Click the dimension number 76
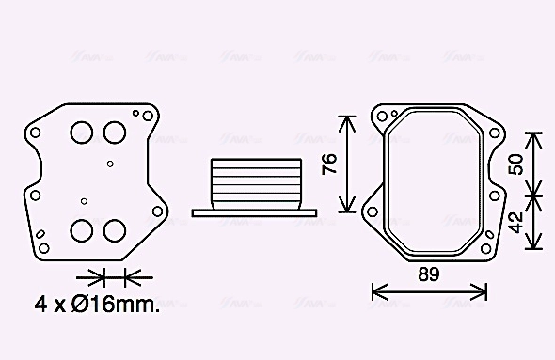coord(328,164)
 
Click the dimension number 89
coord(429,275)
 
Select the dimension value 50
coord(515,164)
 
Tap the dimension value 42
coord(515,223)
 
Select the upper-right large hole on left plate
coord(115,133)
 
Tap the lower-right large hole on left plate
coord(115,230)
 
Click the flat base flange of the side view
coord(248,212)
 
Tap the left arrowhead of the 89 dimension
coord(376,290)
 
